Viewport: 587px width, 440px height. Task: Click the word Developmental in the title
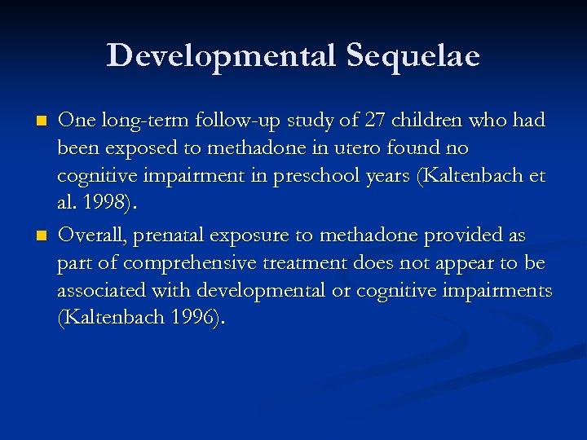click(x=221, y=55)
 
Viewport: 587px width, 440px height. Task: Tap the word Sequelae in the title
click(x=413, y=55)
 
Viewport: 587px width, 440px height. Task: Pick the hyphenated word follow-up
click(x=223, y=121)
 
